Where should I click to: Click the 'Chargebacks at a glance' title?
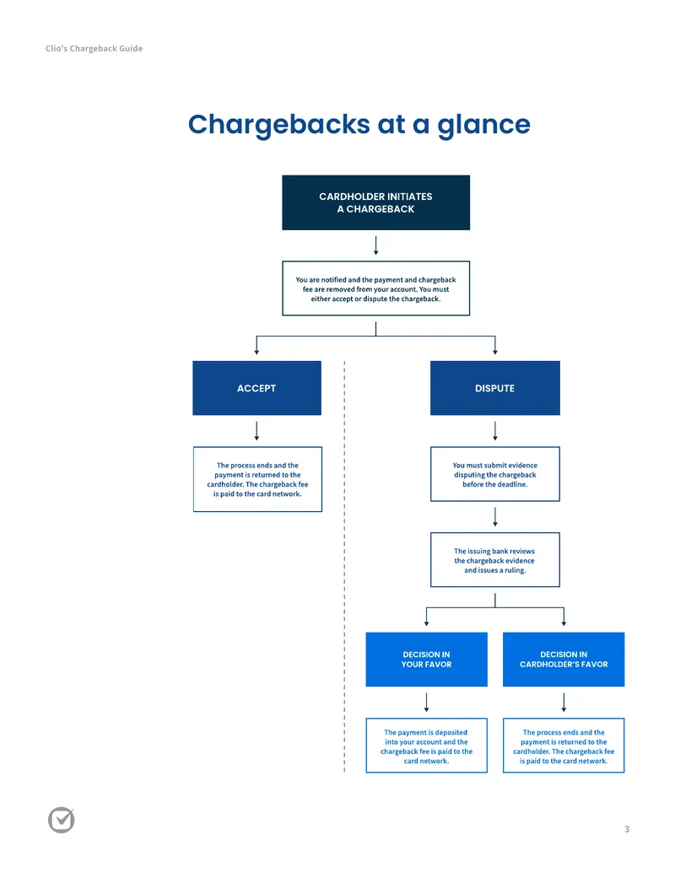tap(359, 125)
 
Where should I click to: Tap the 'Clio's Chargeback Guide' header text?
tap(94, 48)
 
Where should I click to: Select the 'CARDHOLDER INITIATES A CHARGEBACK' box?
tap(376, 202)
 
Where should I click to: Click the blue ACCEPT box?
tap(256, 388)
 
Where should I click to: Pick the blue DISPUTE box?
tap(495, 388)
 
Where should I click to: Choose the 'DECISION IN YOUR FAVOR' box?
tap(427, 660)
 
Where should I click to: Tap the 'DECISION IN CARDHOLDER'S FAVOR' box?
tap(564, 660)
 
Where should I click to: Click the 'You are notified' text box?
tap(376, 288)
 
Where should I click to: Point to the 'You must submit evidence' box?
tap(495, 474)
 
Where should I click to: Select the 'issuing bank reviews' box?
tap(495, 559)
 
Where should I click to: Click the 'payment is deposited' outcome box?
tap(427, 746)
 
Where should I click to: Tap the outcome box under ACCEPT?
tap(257, 479)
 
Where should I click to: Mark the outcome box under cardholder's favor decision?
tap(564, 746)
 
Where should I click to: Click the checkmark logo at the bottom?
tap(62, 820)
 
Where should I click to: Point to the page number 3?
tap(627, 829)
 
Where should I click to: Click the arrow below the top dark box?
tap(376, 245)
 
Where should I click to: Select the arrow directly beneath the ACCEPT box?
tap(256, 431)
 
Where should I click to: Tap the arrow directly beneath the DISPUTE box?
tap(495, 431)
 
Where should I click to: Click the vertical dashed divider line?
tap(345, 566)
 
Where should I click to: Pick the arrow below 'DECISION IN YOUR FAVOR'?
tap(427, 703)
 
